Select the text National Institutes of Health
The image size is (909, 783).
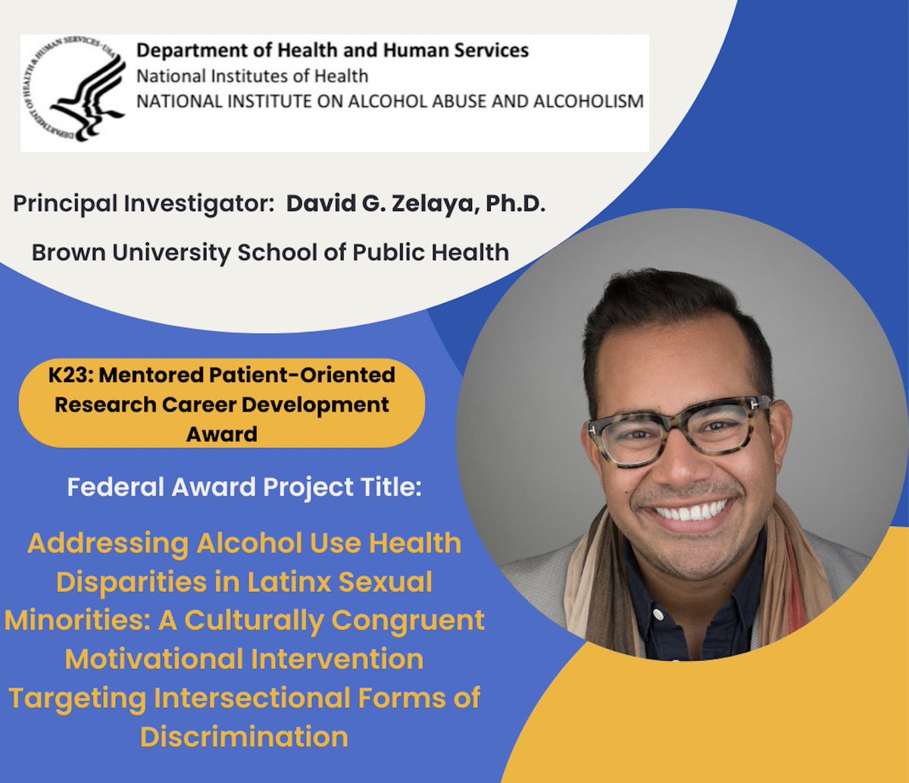252,76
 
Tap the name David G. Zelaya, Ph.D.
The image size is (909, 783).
415,205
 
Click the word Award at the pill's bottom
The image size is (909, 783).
221,434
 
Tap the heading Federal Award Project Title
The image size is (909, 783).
243,486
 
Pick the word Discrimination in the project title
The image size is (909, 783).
244,737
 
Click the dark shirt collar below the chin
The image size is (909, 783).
682,599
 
